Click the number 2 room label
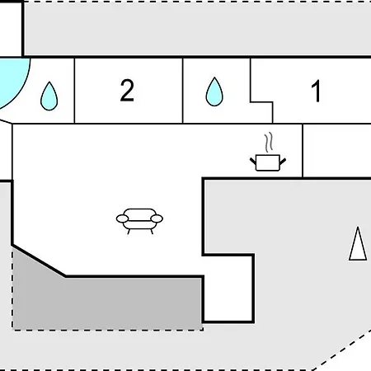tap(127, 91)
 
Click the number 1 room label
tap(316, 91)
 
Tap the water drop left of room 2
tap(49, 96)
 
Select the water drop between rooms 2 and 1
tap(214, 92)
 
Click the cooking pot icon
tap(268, 162)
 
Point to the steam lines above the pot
tap(269, 143)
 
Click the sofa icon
tap(139, 221)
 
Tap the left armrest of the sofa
tap(122, 218)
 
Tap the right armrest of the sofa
tap(157, 218)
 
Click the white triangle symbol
tap(358, 243)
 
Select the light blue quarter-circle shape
tap(14, 82)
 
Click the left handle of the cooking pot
tap(253, 161)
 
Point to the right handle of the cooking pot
tap(283, 161)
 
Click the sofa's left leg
tap(129, 232)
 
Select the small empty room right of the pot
tap(337, 151)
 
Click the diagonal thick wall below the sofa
tap(39, 261)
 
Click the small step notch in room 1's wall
tap(261, 102)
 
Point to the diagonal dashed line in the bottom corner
tap(341, 350)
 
